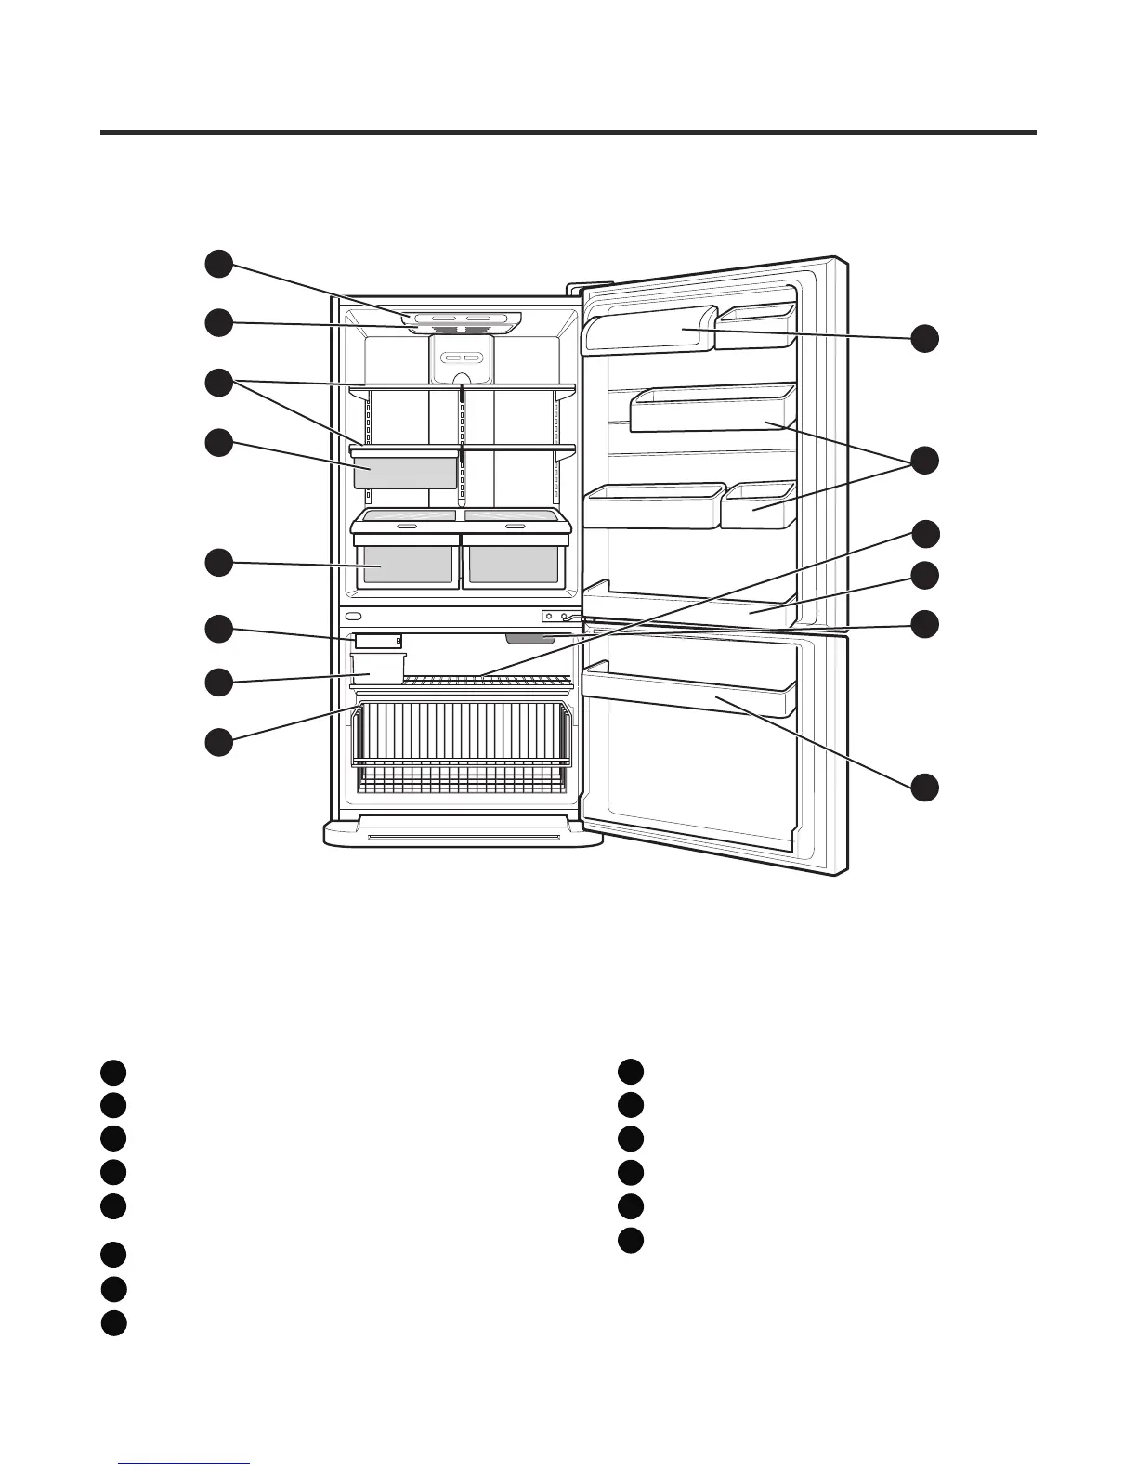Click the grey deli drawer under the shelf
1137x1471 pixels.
pos(406,472)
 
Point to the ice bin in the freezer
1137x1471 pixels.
pos(378,667)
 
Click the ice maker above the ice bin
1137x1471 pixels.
pos(377,641)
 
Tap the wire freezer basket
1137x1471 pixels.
pos(462,734)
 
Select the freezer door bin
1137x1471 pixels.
pos(687,692)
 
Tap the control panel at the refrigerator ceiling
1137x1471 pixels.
pos(463,321)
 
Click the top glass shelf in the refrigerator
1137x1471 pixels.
pos(463,387)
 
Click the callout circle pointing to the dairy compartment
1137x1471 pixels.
pos(924,339)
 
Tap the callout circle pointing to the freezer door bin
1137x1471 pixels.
pos(924,788)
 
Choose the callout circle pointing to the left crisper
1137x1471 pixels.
pos(219,563)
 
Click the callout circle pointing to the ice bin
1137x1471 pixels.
pos(219,681)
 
